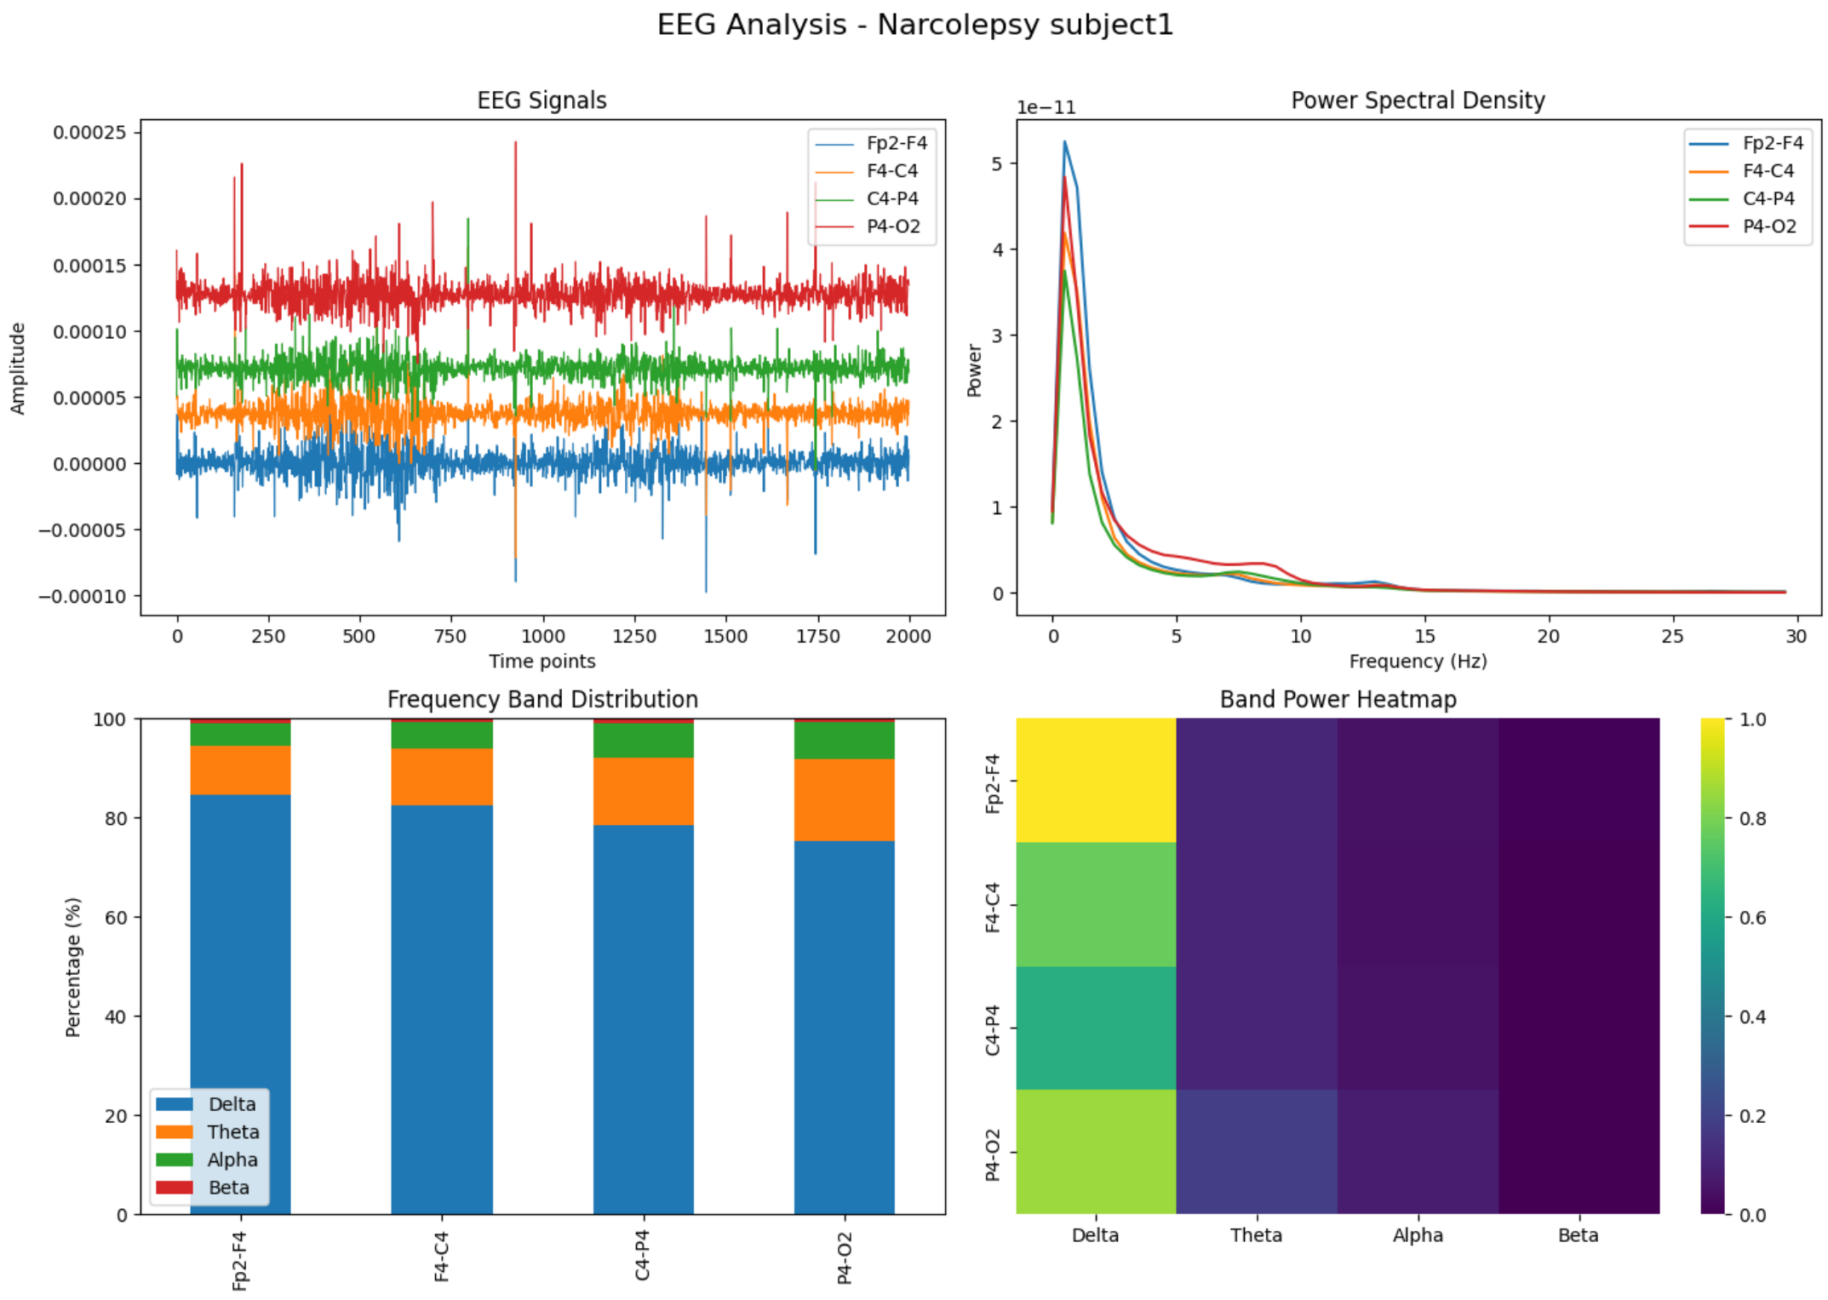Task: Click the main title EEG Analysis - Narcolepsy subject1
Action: (x=914, y=25)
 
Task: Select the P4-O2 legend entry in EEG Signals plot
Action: (x=891, y=226)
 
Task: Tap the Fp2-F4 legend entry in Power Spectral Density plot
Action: (x=1771, y=143)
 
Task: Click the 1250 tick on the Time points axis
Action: (x=633, y=636)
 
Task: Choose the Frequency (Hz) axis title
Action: (x=1417, y=661)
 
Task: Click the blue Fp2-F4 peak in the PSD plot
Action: (x=1064, y=143)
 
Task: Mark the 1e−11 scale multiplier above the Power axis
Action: (x=1046, y=108)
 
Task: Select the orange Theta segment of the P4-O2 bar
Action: (x=843, y=799)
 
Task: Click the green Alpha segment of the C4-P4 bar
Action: (x=643, y=741)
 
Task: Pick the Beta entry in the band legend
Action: (x=228, y=1188)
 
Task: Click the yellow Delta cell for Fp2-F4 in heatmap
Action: (x=1095, y=780)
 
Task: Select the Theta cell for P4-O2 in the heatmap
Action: (x=1256, y=1152)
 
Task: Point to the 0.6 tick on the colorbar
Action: (x=1751, y=918)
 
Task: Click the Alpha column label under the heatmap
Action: (x=1417, y=1235)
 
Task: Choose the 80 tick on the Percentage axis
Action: (x=116, y=819)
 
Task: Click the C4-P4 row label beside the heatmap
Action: (x=993, y=1029)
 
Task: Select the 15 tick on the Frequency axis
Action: (x=1424, y=636)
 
